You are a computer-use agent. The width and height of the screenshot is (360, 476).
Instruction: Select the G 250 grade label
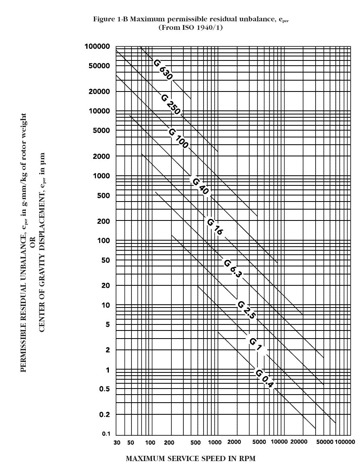point(171,104)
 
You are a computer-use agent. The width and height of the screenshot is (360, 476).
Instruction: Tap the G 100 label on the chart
point(178,138)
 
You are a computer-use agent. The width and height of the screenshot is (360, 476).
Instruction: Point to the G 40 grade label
point(200,186)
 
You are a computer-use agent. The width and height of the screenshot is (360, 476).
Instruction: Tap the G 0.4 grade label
point(264,378)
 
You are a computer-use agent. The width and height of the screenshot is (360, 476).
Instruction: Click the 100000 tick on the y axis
point(97,46)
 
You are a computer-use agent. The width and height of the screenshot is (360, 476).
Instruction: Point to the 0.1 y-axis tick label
point(106,434)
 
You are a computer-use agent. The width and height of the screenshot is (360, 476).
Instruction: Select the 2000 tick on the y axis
point(101,156)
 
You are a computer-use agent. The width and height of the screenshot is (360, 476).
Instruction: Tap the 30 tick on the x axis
point(117,442)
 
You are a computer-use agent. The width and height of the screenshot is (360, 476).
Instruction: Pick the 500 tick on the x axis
point(195,442)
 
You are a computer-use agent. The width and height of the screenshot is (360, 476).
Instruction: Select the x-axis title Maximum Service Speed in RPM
point(191,459)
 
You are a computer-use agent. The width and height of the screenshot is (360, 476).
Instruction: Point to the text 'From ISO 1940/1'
point(191,27)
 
